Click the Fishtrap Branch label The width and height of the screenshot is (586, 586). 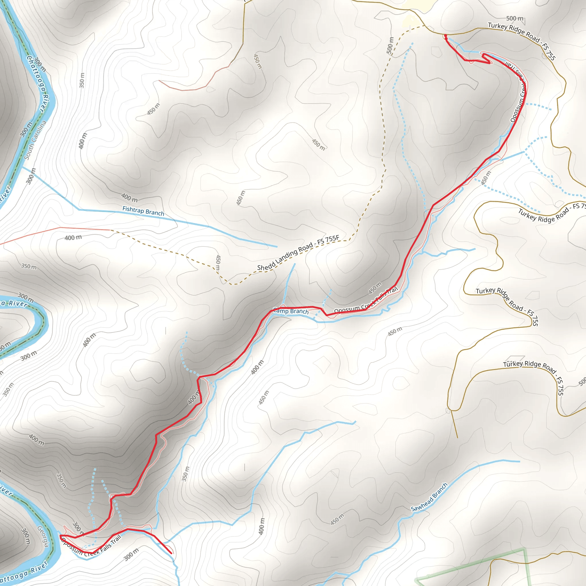pyautogui.click(x=143, y=211)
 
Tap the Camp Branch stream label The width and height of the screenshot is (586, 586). pyautogui.click(x=291, y=311)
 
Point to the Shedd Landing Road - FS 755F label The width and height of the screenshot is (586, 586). pyautogui.click(x=298, y=253)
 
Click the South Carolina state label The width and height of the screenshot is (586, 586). pyautogui.click(x=35, y=140)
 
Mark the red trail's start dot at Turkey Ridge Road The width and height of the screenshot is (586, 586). pyautogui.click(x=445, y=36)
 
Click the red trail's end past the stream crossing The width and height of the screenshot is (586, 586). pyautogui.click(x=171, y=554)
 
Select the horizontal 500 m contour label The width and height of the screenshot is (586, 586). pyautogui.click(x=515, y=19)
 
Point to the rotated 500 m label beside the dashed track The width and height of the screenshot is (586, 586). pyautogui.click(x=390, y=45)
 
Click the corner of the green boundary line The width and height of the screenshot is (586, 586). pyautogui.click(x=524, y=549)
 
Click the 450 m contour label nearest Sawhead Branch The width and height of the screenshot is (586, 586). pyautogui.click(x=337, y=519)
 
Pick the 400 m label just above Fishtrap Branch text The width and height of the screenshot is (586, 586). pyautogui.click(x=130, y=198)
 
